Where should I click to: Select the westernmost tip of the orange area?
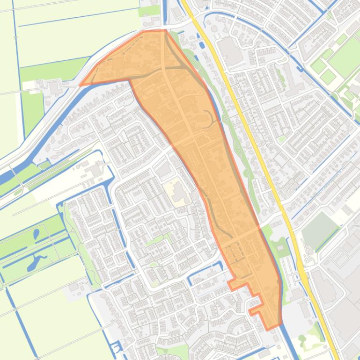point(80,85)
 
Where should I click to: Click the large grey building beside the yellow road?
point(230,49)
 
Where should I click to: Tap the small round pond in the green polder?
point(36,233)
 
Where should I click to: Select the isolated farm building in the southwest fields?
point(73,286)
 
